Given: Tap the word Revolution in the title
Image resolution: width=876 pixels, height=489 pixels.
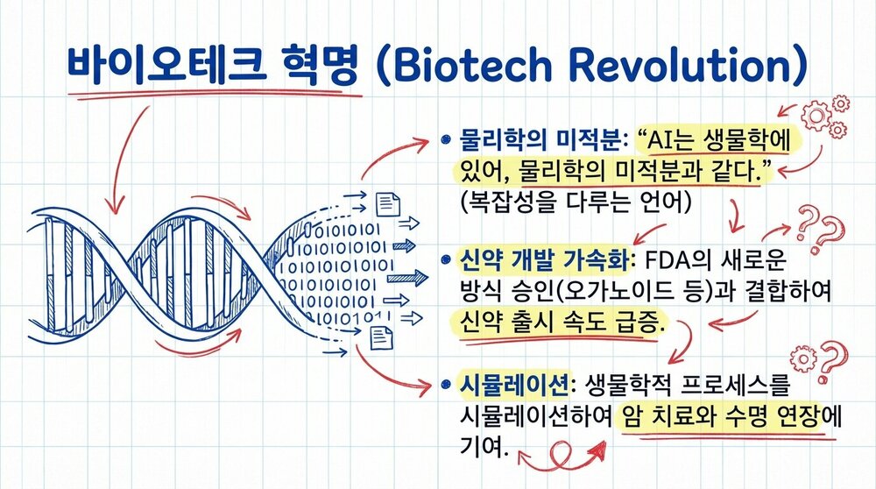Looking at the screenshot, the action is [681, 66].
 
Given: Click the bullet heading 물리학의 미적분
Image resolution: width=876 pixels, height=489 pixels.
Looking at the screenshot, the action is [538, 140].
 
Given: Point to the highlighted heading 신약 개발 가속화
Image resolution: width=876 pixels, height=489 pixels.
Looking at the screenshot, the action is [543, 260].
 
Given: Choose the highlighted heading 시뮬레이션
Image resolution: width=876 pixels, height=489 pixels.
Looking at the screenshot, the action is [513, 384].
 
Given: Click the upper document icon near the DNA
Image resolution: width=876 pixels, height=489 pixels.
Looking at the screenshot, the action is [388, 204].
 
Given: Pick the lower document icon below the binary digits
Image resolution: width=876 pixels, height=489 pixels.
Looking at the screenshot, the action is [382, 338].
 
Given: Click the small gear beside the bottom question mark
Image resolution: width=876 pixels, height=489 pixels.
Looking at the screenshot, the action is [802, 358].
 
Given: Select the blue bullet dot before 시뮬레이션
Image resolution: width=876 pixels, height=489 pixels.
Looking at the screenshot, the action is [446, 384].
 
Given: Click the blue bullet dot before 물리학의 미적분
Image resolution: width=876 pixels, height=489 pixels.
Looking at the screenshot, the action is [446, 139].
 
